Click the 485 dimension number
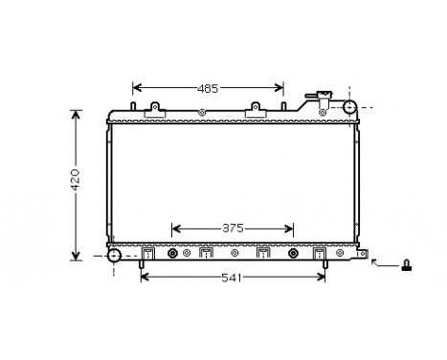click(209, 88)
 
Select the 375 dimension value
click(233, 229)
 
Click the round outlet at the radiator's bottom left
click(115, 256)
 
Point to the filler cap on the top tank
click(320, 96)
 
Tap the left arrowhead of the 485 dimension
click(136, 88)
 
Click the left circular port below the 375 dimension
click(173, 255)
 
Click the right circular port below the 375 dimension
click(295, 255)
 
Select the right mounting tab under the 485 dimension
click(255, 113)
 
